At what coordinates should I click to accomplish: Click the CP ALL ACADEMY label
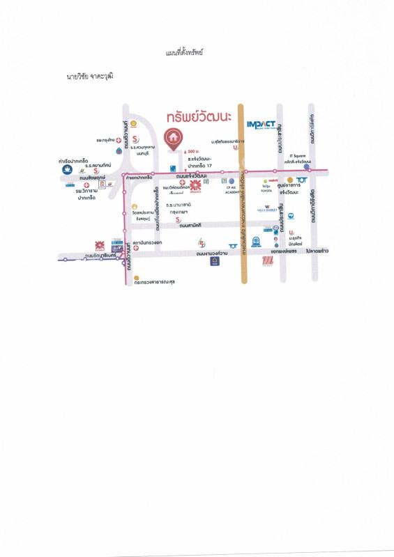coord(232,189)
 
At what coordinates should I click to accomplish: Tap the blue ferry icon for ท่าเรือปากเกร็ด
coord(66,168)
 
